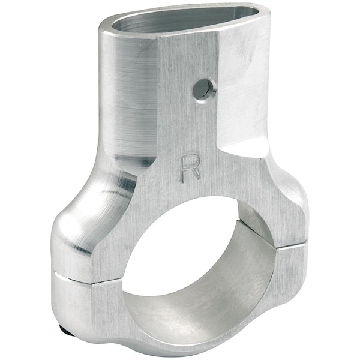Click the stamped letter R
pyautogui.click(x=190, y=168)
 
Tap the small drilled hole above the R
pyautogui.click(x=203, y=89)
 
